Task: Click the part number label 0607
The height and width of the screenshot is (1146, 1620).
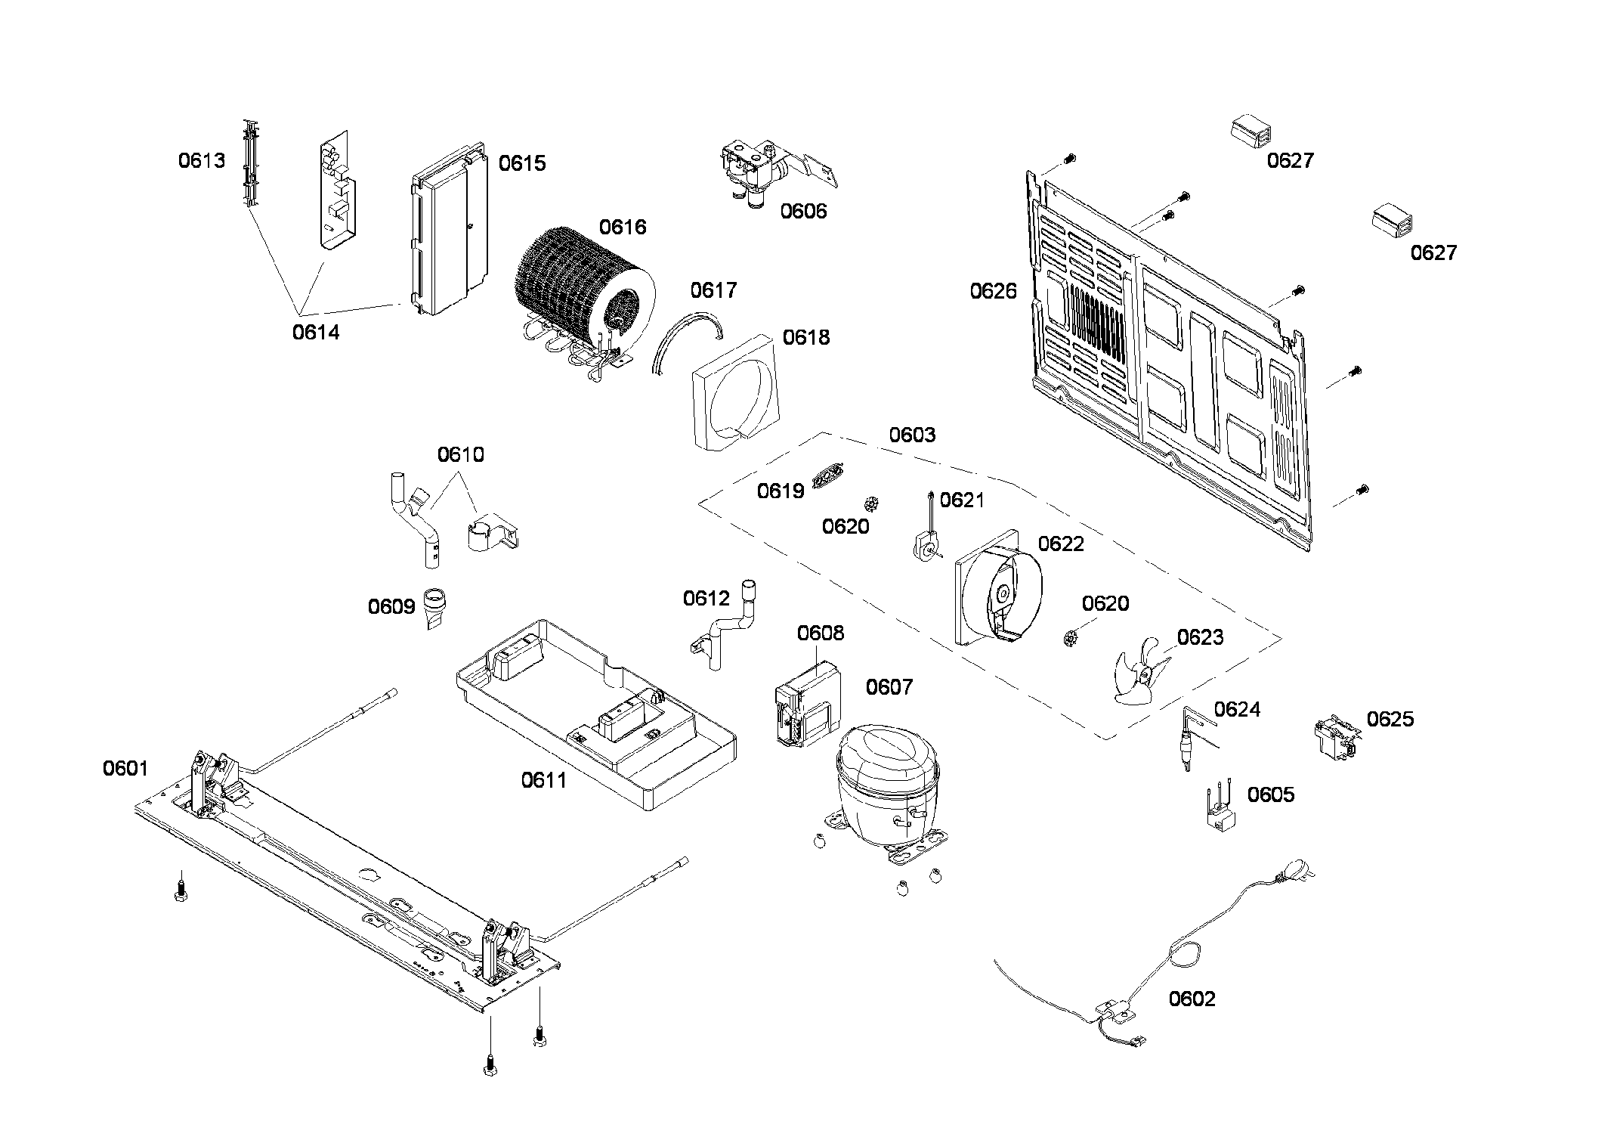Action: pyautogui.click(x=889, y=687)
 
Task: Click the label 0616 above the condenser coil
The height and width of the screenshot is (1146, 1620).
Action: pyautogui.click(x=623, y=227)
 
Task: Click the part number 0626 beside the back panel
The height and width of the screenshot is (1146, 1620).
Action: pyautogui.click(x=993, y=291)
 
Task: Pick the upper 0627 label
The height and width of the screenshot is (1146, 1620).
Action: pyautogui.click(x=1290, y=160)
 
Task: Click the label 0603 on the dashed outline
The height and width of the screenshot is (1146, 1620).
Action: pyautogui.click(x=911, y=435)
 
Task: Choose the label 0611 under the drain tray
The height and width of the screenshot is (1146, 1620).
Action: pyautogui.click(x=543, y=780)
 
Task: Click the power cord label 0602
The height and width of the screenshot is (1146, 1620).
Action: pyautogui.click(x=1192, y=999)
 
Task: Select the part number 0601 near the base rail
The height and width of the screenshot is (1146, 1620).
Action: pyautogui.click(x=125, y=769)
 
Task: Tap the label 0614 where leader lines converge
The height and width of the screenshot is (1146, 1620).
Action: pyautogui.click(x=316, y=332)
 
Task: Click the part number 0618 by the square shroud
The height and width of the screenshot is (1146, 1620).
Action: pyautogui.click(x=805, y=337)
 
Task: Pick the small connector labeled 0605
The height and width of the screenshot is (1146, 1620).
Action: pyautogui.click(x=1218, y=813)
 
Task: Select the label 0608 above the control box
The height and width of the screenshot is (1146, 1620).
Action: pyautogui.click(x=820, y=633)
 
